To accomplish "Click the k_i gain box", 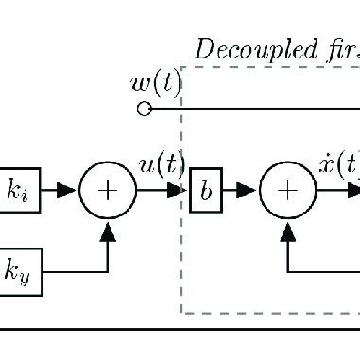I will [19, 191].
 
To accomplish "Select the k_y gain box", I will [19, 272].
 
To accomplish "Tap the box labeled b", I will [206, 191].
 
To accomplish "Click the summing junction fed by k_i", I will [109, 191].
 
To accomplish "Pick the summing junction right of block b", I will [287, 191].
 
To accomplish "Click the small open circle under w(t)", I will [145, 110].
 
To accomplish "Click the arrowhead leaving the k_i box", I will [65, 191].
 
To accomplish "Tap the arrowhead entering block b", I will [180, 191].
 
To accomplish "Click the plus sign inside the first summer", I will [109, 191].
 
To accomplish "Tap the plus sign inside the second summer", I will [287, 191].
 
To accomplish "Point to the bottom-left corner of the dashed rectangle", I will [182, 313].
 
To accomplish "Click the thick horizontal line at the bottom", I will [180, 331].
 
